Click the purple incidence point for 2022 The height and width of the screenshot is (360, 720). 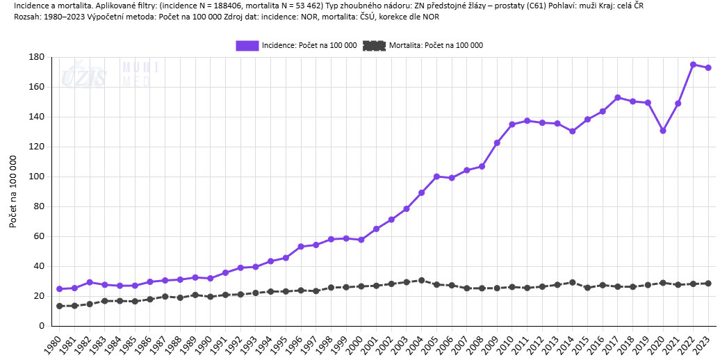693,65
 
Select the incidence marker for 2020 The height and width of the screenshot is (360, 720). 663,131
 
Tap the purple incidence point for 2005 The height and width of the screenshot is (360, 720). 436,177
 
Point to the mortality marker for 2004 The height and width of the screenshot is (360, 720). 421,280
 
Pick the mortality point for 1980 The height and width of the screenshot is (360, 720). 59,306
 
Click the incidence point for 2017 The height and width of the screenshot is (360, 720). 618,98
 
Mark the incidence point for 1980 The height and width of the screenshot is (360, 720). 59,289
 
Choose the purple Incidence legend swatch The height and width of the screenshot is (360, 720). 247,45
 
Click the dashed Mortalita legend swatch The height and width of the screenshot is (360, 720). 374,45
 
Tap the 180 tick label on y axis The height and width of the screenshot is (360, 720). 37,57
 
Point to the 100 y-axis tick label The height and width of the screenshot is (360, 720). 37,177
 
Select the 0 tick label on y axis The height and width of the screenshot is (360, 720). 42,326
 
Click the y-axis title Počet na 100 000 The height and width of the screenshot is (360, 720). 13,191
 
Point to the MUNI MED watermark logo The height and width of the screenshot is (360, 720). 140,74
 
